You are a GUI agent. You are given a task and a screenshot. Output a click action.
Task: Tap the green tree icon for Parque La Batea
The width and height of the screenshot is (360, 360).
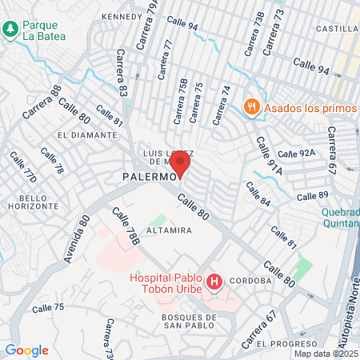(x=10, y=30)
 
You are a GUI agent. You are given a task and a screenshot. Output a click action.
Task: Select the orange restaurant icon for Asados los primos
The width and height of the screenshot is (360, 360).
(x=251, y=106)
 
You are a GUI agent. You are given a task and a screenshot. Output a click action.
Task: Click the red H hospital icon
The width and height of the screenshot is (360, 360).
(x=214, y=282)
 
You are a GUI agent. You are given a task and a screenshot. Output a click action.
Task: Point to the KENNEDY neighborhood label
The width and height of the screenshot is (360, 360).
(x=121, y=16)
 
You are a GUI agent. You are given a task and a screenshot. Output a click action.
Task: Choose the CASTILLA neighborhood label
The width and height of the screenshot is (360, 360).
(x=336, y=29)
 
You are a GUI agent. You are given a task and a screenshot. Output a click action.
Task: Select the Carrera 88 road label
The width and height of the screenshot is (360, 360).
(x=42, y=103)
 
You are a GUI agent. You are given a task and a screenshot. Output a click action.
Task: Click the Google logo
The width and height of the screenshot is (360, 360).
(x=27, y=350)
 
